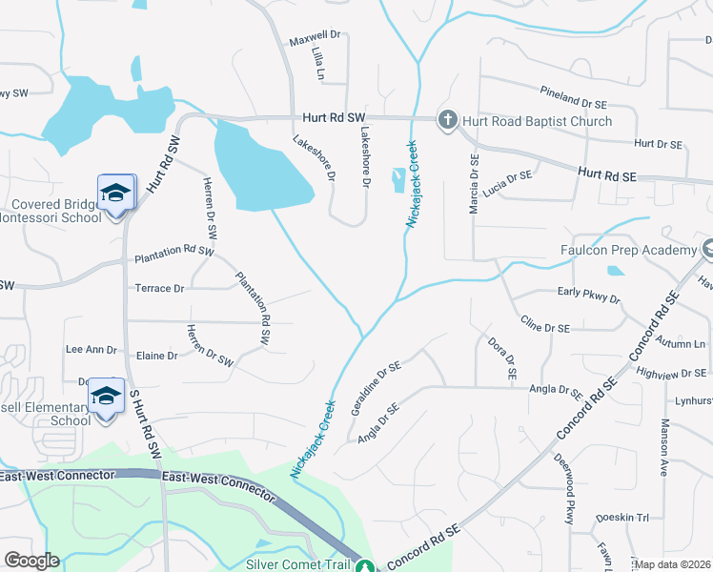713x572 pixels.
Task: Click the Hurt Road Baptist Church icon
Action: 447,120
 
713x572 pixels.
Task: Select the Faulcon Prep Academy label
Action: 628,250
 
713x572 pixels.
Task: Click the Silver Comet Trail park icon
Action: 363,566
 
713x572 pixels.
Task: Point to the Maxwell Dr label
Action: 314,42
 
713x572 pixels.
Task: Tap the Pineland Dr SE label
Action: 573,101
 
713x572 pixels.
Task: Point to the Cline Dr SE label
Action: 545,326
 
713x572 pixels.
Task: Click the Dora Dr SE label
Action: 501,359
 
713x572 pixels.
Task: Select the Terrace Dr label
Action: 159,288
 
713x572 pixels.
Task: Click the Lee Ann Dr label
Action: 90,350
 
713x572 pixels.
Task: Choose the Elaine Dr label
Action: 158,356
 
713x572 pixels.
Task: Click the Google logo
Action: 31,560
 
